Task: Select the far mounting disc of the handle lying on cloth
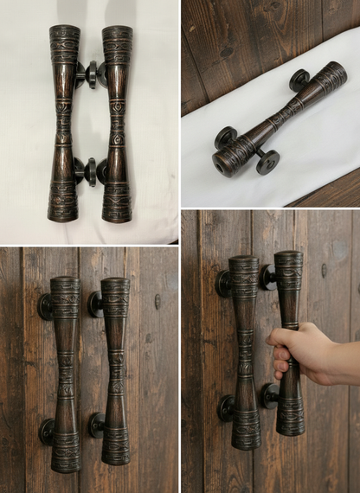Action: [299, 80]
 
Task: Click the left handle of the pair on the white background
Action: [64, 123]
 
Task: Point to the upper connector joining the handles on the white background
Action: [90, 74]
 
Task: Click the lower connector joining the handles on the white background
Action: [90, 171]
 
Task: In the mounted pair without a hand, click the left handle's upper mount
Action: [44, 307]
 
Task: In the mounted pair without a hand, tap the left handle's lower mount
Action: [46, 432]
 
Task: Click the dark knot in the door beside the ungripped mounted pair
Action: [157, 301]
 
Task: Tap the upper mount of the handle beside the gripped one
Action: [224, 283]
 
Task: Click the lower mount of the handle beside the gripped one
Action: [227, 407]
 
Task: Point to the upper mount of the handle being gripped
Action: [268, 277]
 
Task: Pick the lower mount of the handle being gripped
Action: [270, 396]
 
